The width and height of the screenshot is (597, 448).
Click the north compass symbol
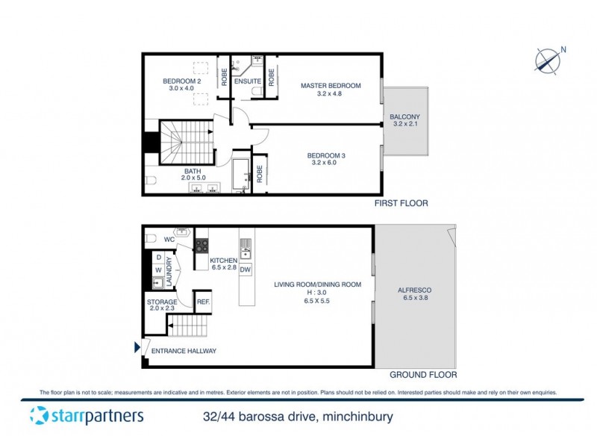point(550,60)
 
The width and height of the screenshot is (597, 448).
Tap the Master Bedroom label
point(331,86)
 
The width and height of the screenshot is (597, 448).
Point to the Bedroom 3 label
point(326,155)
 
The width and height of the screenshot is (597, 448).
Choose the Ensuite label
point(247,81)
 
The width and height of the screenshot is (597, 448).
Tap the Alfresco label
point(416,290)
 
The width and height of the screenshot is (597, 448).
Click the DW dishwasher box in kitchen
point(245,270)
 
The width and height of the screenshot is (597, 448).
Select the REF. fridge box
point(203,302)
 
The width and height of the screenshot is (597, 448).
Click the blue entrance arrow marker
point(136,347)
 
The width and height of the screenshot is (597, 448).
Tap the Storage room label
point(162,302)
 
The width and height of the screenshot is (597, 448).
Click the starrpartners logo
point(86,417)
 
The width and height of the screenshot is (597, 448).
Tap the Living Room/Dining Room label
point(317,284)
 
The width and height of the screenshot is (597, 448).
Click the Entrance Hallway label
point(184,351)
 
